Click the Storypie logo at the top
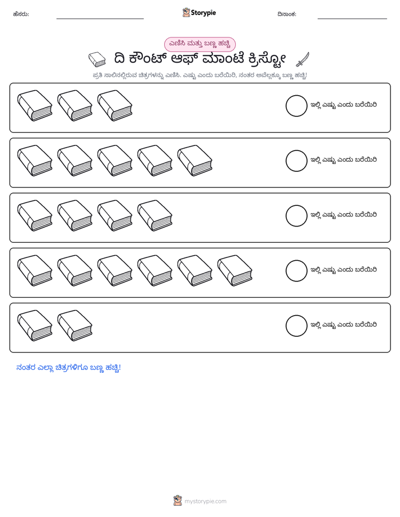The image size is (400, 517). tap(199, 12)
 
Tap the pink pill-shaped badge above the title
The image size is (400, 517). tap(199, 44)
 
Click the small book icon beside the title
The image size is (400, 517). tap(97, 59)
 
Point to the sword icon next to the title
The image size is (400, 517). tap(303, 59)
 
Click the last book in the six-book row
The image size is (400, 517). tap(235, 270)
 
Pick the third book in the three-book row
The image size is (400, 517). tap(115, 106)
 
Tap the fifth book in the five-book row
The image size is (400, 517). tap(195, 161)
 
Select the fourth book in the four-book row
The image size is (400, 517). tap(155, 215)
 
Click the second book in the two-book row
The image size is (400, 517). tap(75, 326)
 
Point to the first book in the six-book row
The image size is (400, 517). tap(35, 270)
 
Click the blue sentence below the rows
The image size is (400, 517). tap(69, 368)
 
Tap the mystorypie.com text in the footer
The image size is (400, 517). tap(205, 501)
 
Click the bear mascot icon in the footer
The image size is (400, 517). tap(178, 501)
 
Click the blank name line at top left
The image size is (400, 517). tap(100, 19)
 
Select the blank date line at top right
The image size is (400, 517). tap(352, 19)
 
